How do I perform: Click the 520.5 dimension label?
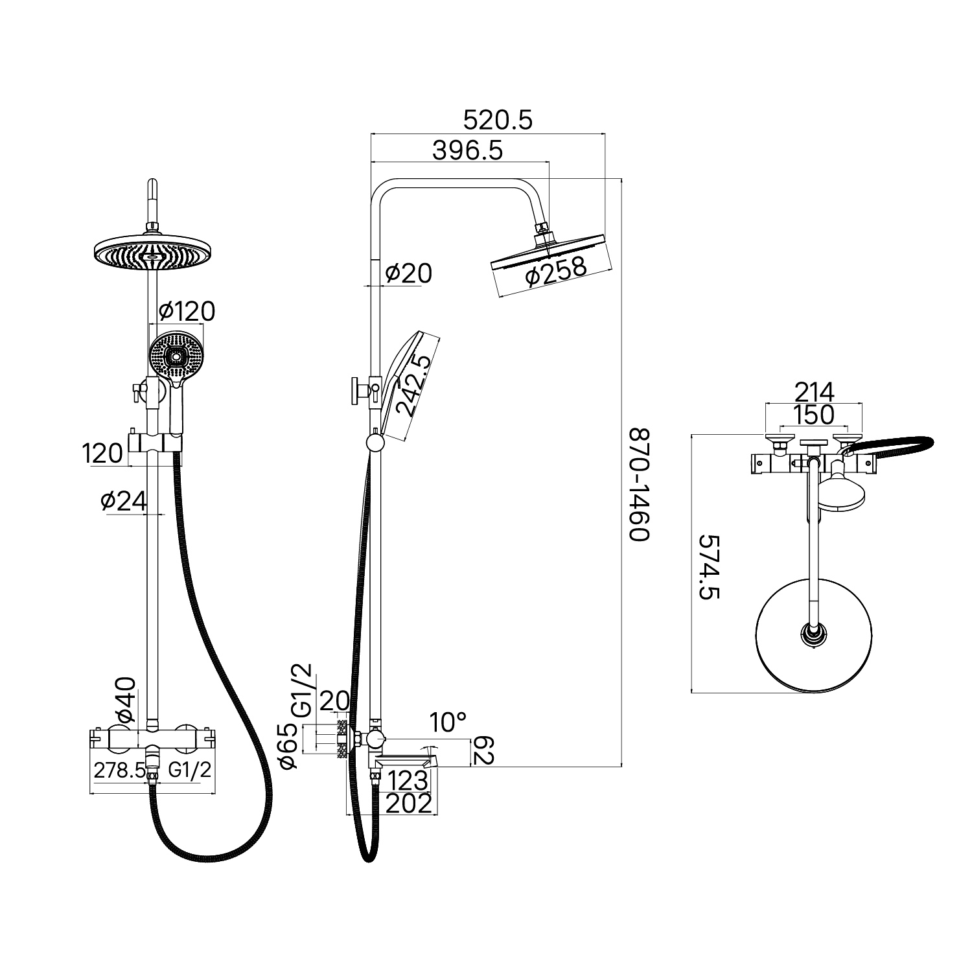tap(498, 120)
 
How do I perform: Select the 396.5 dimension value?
tap(467, 150)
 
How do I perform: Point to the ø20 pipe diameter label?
tap(408, 273)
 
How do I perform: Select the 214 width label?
tap(814, 392)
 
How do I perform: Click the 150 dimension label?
tap(814, 415)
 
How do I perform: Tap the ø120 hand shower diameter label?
tap(186, 312)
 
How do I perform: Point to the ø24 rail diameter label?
tap(124, 500)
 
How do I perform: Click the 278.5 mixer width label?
tap(119, 770)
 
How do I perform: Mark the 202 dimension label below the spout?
tap(408, 804)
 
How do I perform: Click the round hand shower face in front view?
tap(176, 355)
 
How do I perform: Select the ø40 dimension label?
tap(126, 700)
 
